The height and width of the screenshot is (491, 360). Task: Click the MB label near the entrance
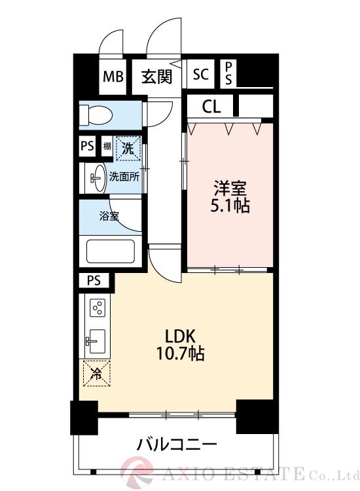(x=113, y=77)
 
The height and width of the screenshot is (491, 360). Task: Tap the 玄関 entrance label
(x=157, y=77)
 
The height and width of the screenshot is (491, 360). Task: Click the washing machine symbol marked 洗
(x=128, y=148)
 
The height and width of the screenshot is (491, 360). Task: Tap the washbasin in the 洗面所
(x=95, y=176)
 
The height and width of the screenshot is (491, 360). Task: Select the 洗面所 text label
(x=124, y=176)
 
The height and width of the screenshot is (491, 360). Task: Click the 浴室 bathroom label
(x=109, y=216)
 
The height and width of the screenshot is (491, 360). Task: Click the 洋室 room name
(x=230, y=189)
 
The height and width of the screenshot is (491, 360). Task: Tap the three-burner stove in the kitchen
(x=98, y=308)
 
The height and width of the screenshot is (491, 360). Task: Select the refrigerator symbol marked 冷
(x=96, y=374)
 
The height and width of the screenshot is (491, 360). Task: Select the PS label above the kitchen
(x=94, y=281)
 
